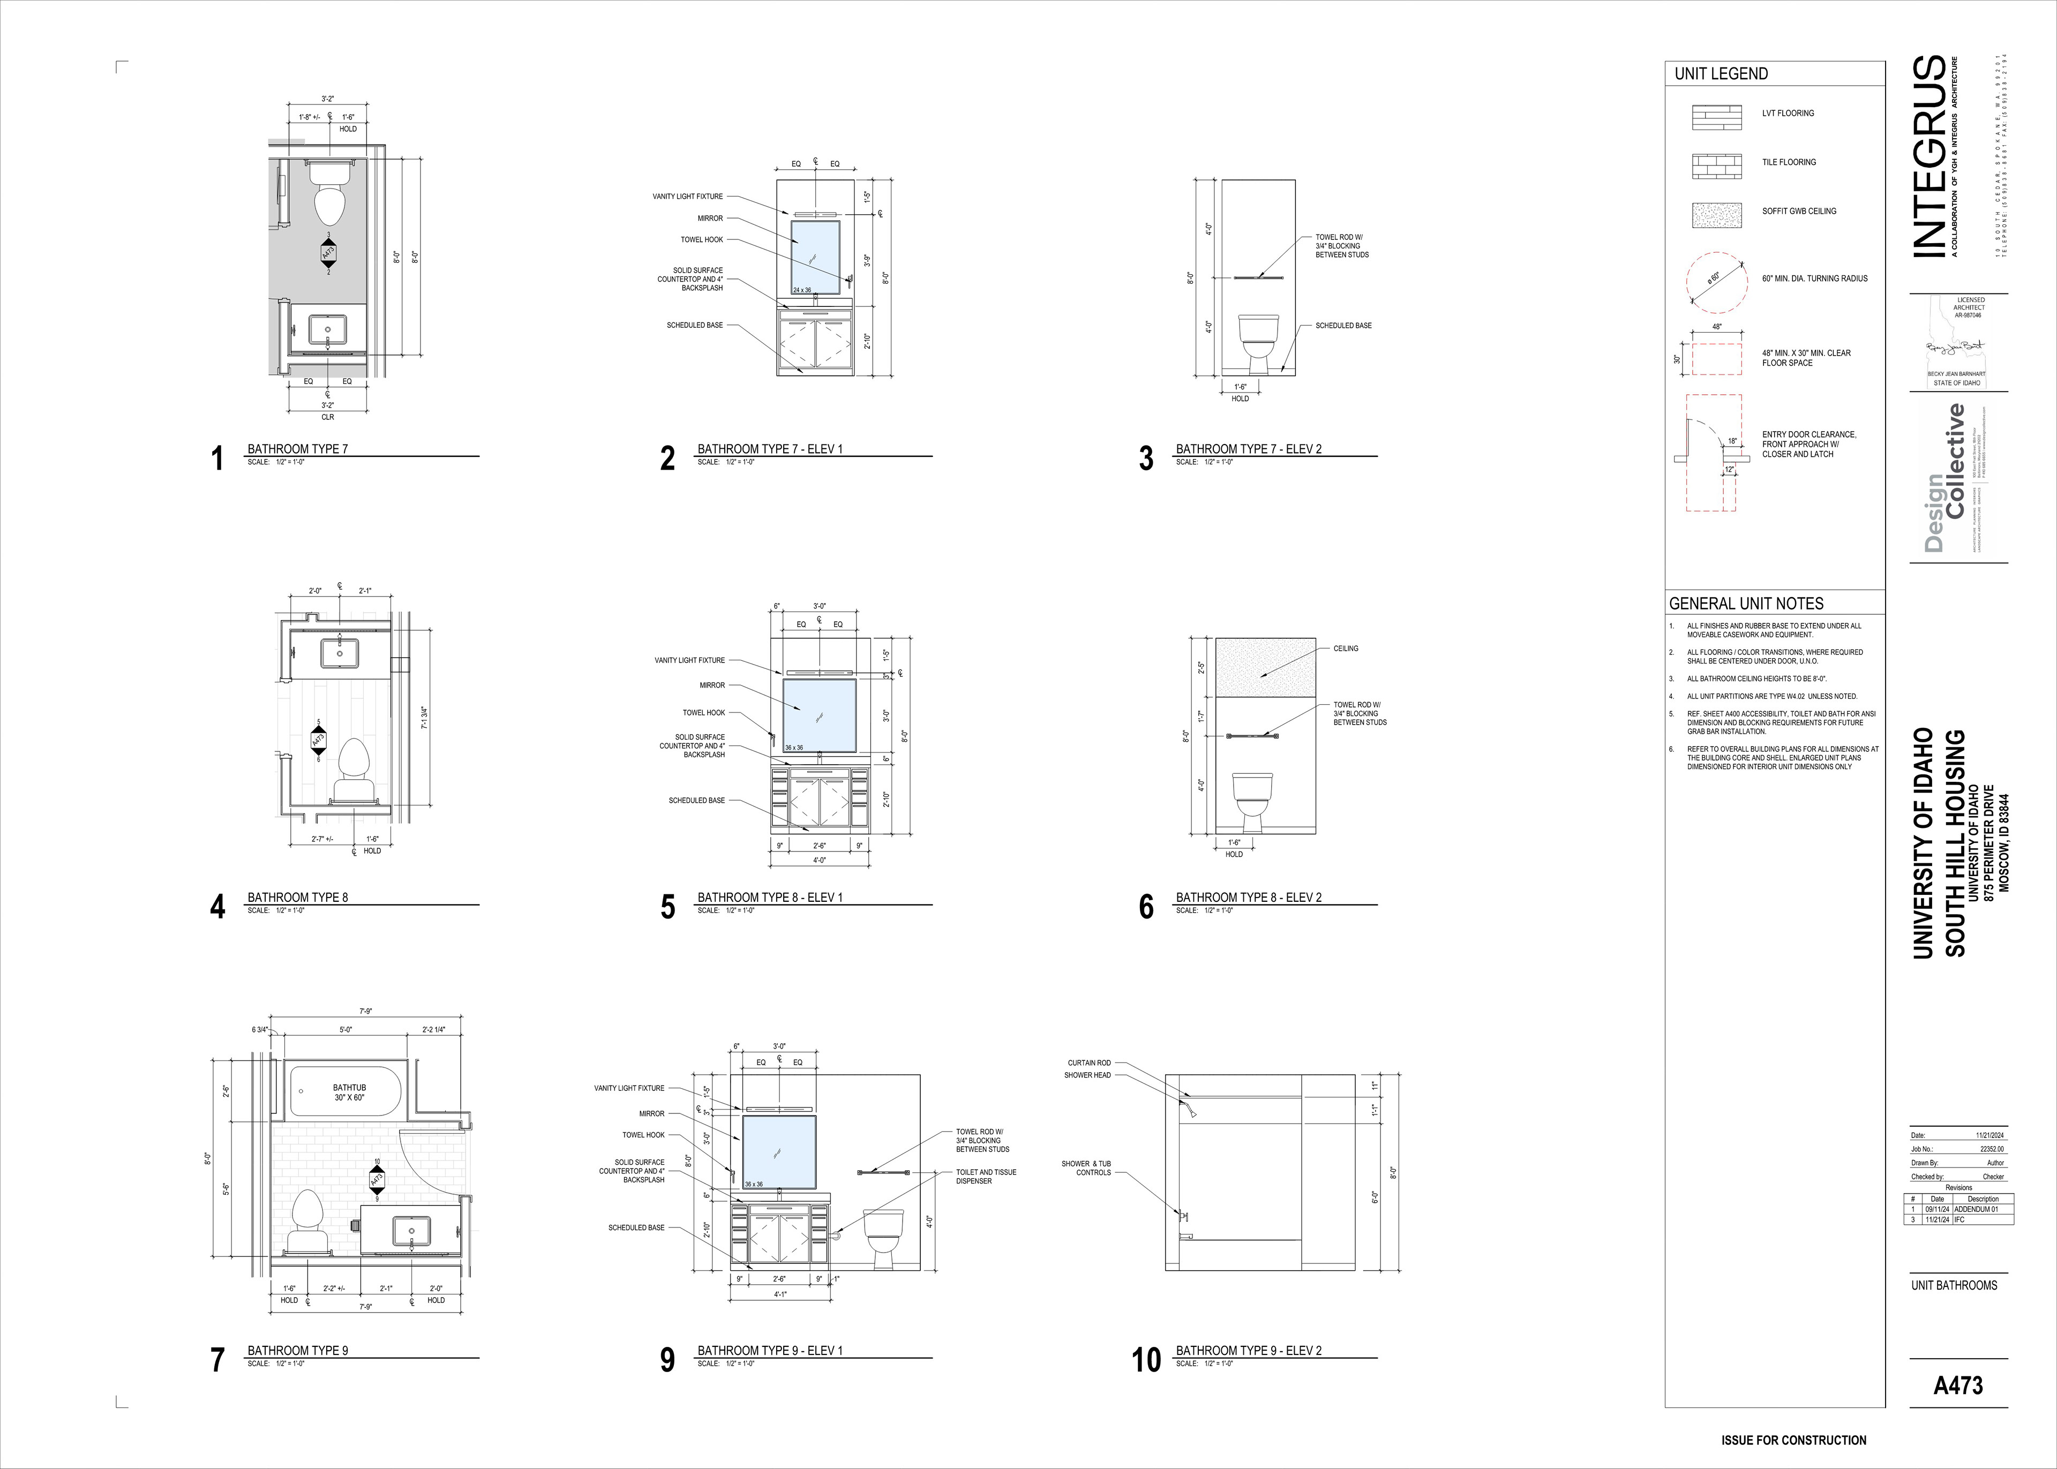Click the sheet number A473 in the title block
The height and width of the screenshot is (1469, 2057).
click(1957, 1385)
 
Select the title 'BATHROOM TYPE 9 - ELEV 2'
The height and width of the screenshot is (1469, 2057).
click(1248, 1351)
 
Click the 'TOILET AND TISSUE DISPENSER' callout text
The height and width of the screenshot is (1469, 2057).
click(986, 1176)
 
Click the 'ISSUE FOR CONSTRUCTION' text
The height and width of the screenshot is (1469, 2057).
click(1793, 1440)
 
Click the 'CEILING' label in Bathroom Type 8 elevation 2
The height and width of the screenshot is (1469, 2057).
click(1345, 649)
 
